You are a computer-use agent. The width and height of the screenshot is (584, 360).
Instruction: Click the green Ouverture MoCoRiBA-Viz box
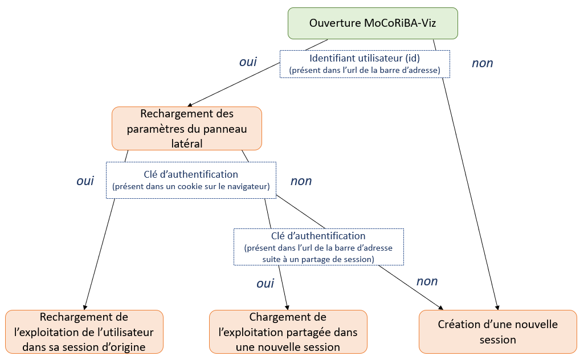[x=373, y=23]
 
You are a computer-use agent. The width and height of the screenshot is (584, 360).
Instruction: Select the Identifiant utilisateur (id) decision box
[x=365, y=64]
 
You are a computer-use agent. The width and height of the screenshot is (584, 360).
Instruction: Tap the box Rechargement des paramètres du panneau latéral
[x=187, y=128]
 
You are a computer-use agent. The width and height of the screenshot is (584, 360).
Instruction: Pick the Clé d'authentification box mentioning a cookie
[x=191, y=180]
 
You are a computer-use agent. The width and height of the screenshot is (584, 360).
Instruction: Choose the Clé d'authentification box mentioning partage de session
[x=318, y=247]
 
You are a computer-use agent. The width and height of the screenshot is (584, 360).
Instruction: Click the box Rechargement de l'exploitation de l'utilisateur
[x=84, y=332]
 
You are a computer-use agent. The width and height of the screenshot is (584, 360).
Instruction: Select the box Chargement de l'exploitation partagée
[x=288, y=332]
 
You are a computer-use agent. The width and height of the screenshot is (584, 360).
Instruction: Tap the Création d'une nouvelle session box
[x=497, y=332]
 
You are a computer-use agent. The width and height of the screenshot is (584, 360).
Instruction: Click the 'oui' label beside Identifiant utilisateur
[x=248, y=62]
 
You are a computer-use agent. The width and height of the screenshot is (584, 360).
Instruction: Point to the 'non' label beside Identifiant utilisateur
[x=482, y=63]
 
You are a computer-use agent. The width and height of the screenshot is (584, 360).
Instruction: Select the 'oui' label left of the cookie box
[x=85, y=181]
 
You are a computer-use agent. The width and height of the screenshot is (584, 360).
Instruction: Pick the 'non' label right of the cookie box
[x=301, y=181]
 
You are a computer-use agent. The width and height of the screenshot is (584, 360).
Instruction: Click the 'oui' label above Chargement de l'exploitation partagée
[x=265, y=283]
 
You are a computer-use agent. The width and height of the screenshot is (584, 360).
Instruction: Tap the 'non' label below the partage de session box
[x=427, y=281]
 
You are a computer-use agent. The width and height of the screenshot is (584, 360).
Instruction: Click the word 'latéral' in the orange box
[x=187, y=144]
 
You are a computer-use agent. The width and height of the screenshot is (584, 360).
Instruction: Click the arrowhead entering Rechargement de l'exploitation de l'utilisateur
[x=85, y=307]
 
